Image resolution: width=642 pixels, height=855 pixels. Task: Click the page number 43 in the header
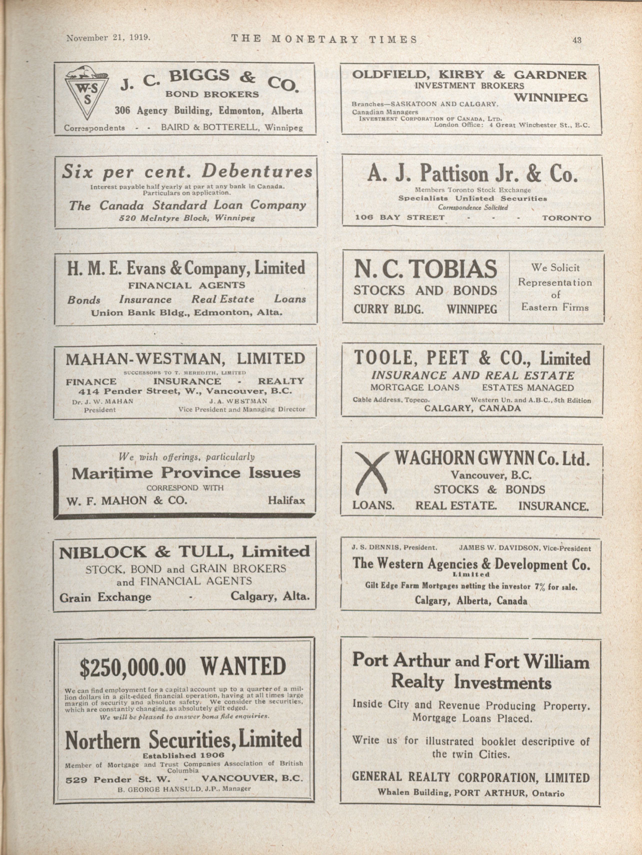pyautogui.click(x=577, y=40)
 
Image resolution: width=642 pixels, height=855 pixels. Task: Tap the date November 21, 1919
pyautogui.click(x=108, y=38)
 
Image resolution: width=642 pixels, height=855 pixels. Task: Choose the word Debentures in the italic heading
pyautogui.click(x=257, y=171)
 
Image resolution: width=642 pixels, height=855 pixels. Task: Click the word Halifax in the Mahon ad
pyautogui.click(x=286, y=500)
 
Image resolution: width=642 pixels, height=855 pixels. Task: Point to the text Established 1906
pyautogui.click(x=183, y=755)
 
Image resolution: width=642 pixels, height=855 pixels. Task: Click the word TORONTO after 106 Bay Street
pyautogui.click(x=566, y=218)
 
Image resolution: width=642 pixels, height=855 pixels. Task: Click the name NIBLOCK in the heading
pyautogui.click(x=103, y=552)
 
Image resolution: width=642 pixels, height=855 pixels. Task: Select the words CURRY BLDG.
pyautogui.click(x=388, y=309)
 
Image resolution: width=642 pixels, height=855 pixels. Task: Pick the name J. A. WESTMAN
pyautogui.click(x=238, y=401)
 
